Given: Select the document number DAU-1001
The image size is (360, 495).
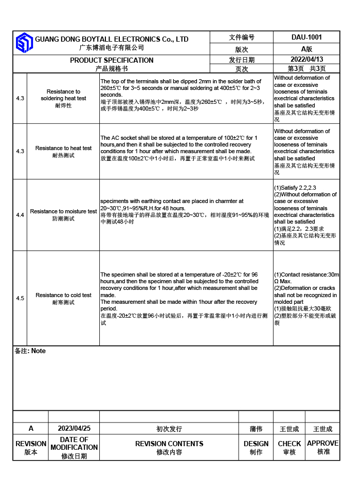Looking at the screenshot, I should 307,37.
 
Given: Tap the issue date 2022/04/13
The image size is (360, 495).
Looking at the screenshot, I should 307,59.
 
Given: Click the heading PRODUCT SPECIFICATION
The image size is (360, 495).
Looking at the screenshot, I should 112,60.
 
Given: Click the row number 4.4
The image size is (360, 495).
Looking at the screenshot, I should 20,215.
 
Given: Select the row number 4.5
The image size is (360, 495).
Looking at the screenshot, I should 20,298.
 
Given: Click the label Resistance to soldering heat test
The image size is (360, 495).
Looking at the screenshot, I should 63,95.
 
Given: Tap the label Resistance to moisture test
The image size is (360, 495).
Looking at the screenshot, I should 63,211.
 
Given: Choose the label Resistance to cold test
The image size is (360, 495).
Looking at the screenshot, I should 63,295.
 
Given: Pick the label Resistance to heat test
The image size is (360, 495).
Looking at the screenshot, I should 63,148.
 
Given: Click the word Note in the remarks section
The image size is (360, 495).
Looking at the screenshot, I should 38,351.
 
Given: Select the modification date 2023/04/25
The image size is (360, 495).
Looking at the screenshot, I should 74,428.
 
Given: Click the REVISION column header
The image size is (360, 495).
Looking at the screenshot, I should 31,444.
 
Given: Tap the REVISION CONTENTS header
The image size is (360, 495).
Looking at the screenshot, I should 169,444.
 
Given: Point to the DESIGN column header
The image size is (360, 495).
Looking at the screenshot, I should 256,444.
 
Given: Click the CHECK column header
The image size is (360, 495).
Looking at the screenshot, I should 290,444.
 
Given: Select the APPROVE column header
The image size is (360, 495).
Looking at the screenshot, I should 323,443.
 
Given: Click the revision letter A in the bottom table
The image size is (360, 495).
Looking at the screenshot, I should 31,428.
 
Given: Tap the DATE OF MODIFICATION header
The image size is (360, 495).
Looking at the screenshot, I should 74,444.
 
